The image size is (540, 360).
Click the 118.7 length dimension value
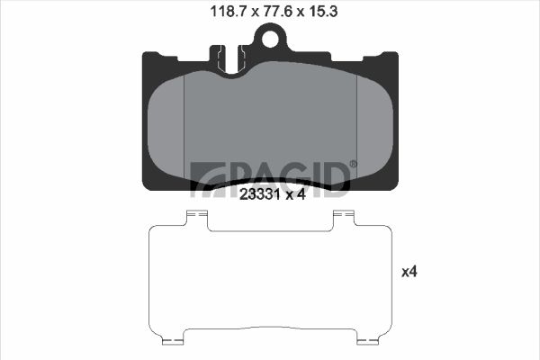coord(228,12)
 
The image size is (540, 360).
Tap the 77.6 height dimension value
coord(277,12)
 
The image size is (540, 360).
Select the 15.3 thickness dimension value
coord(323,12)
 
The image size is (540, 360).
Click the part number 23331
coord(260,194)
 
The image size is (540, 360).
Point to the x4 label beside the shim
coord(409,272)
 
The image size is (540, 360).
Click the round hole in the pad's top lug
coord(270,38)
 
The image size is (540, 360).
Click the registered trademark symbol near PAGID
coord(354,164)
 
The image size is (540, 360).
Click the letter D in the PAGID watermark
coord(337,179)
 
